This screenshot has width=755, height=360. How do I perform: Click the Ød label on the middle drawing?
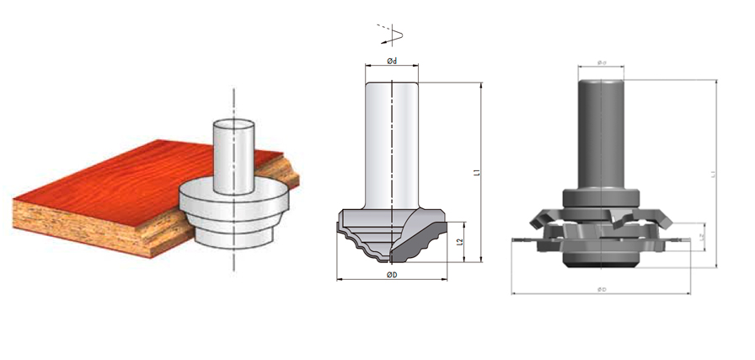pyautogui.click(x=392, y=60)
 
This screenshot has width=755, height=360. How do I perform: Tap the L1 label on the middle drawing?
pyautogui.click(x=477, y=172)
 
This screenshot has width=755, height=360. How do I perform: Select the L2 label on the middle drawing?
pyautogui.click(x=460, y=242)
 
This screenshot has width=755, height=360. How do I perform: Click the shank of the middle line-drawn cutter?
pyautogui.click(x=392, y=143)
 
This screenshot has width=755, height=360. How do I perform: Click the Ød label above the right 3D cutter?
pyautogui.click(x=602, y=62)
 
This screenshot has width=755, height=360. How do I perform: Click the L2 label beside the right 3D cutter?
pyautogui.click(x=704, y=237)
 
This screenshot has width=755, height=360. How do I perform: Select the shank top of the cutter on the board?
pyautogui.click(x=233, y=125)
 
